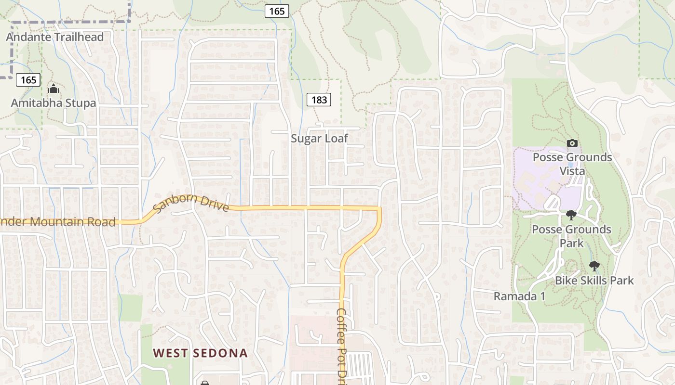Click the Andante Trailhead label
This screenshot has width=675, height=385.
tap(55, 37)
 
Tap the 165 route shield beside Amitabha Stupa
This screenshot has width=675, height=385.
tap(28, 80)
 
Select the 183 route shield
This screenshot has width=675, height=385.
tap(319, 100)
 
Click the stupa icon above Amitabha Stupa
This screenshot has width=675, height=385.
tap(54, 89)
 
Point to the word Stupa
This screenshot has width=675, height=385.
tap(80, 103)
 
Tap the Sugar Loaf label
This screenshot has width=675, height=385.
tap(319, 139)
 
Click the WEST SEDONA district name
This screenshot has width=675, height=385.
tap(200, 353)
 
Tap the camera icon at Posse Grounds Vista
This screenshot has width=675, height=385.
tap(572, 143)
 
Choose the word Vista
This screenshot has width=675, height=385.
tap(572, 171)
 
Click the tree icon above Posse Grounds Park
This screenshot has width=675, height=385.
tap(571, 215)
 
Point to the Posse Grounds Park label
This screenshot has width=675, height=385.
tap(571, 236)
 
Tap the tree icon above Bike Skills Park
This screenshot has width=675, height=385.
tap(594, 266)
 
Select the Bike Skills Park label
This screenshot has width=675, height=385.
tap(594, 280)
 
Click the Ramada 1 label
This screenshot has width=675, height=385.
tap(519, 296)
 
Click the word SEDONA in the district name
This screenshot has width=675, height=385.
tap(220, 353)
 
